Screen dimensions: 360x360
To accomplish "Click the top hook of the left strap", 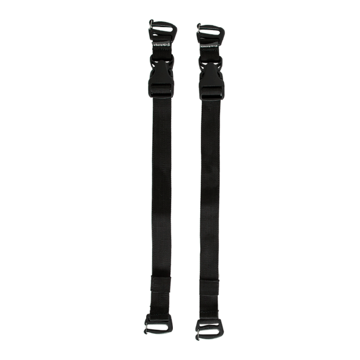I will pyautogui.click(x=161, y=30).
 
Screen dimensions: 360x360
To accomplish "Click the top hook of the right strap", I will pyautogui.click(x=210, y=32).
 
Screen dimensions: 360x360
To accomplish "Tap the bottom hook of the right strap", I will pyautogui.click(x=208, y=327).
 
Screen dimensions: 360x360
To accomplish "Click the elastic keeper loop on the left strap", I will pyautogui.click(x=160, y=284).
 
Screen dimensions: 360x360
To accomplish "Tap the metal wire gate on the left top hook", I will pyautogui.click(x=152, y=28).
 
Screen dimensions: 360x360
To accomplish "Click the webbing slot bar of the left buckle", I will pyautogui.click(x=161, y=92).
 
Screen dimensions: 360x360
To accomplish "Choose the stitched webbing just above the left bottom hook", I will pyautogui.click(x=159, y=305).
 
